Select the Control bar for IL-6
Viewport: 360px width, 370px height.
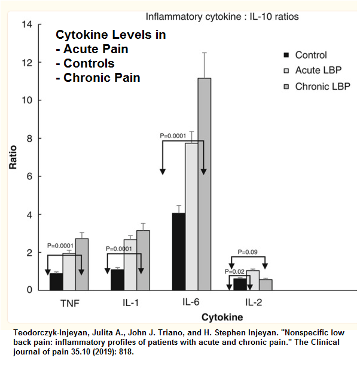click(178, 252)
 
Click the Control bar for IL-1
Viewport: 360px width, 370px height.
click(117, 280)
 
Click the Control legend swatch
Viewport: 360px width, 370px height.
click(285, 56)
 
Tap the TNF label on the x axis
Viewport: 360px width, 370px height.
click(69, 302)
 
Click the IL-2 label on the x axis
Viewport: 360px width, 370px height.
click(253, 302)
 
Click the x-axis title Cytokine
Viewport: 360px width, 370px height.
click(222, 316)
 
